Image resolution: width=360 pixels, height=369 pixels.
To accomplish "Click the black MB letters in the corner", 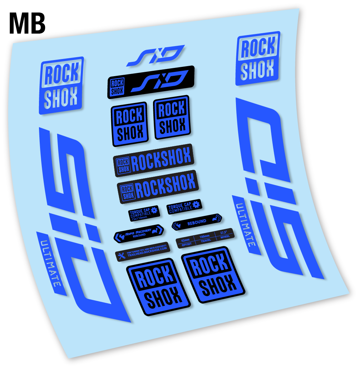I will point(27,23).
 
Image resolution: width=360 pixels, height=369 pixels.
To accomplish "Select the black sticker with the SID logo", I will point(151,82).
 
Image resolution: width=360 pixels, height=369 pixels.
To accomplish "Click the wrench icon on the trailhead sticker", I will point(121,256).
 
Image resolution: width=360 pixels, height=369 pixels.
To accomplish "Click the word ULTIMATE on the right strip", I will point(246,225).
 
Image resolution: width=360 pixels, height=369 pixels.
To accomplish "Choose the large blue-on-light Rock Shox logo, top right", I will point(258,59).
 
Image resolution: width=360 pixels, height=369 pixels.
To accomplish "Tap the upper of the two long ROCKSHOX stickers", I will point(153,160).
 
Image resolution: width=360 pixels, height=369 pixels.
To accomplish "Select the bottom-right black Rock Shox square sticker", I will point(213,275).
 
